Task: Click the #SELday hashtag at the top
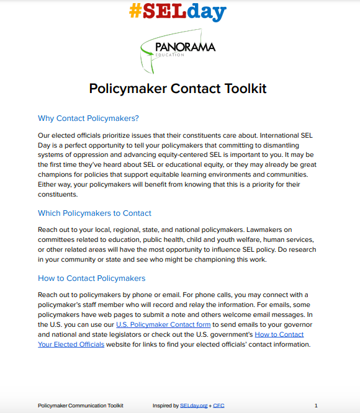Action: coord(178,11)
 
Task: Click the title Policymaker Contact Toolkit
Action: coord(178,88)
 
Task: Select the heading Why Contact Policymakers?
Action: coord(88,118)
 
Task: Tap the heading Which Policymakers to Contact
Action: coord(94,213)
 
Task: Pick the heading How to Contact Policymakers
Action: coord(92,278)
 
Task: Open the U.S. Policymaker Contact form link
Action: coord(163,324)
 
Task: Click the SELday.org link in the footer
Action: coord(194,406)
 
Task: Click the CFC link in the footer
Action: coord(218,406)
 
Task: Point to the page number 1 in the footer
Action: coord(316,406)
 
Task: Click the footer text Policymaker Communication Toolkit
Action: coord(81,406)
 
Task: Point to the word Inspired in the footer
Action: coord(165,406)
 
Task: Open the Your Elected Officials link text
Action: coord(71,344)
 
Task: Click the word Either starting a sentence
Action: coord(48,184)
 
